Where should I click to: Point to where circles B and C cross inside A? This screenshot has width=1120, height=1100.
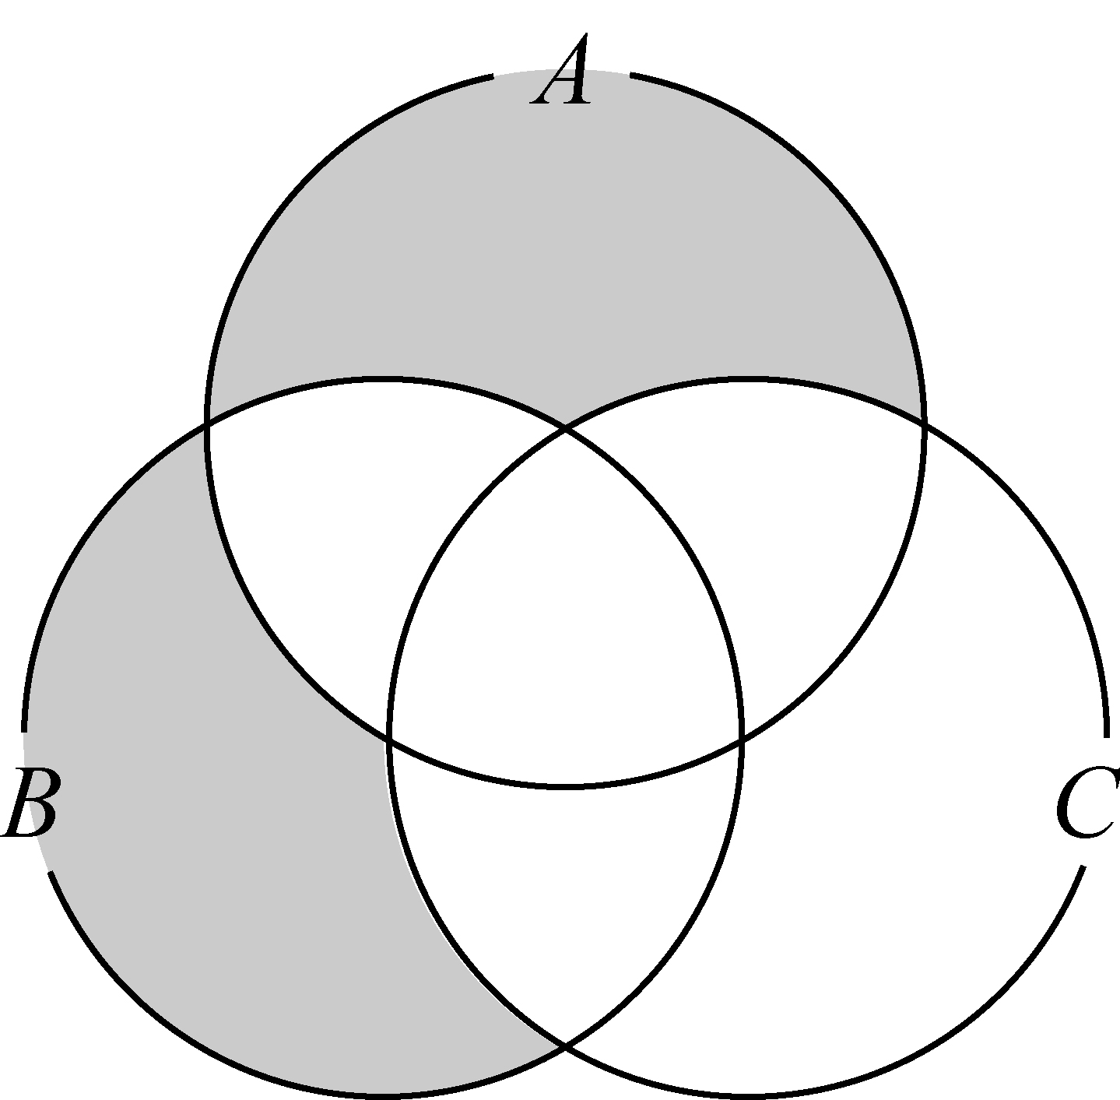coord(566,431)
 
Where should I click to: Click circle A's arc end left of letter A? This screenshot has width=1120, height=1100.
coord(492,76)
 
